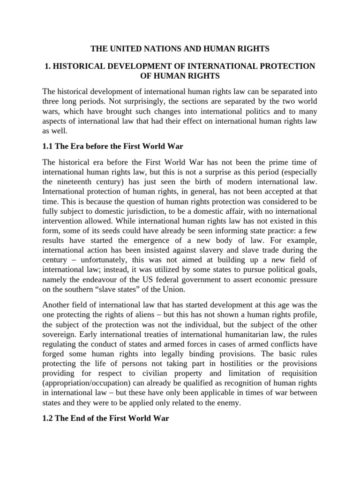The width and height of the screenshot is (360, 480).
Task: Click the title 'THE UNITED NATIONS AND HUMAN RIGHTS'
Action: pyautogui.click(x=180, y=48)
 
